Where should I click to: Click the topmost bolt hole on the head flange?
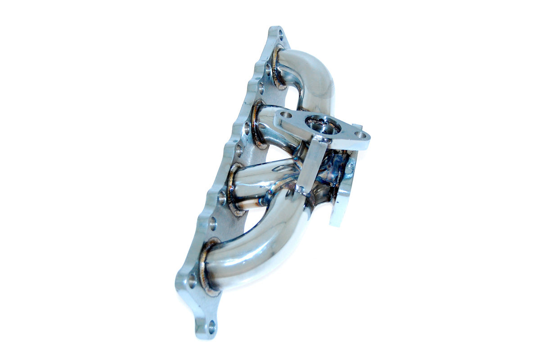pyautogui.click(x=281, y=34)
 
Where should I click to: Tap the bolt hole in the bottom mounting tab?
pyautogui.click(x=211, y=325)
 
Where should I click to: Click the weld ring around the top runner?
pyautogui.click(x=276, y=67)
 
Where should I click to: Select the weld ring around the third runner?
pyautogui.click(x=233, y=189)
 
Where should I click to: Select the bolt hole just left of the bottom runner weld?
pyautogui.click(x=192, y=281)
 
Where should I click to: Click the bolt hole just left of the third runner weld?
pyautogui.click(x=222, y=197)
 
